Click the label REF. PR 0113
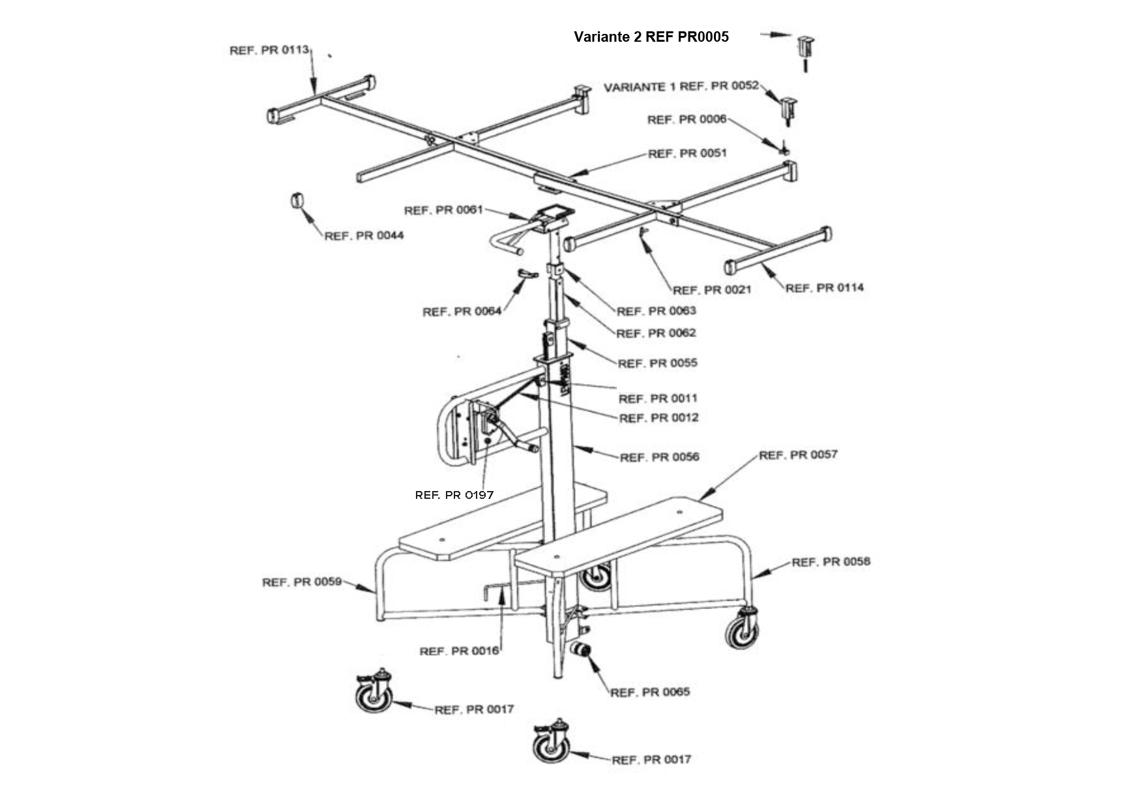[x=269, y=50]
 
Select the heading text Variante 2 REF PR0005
[x=651, y=37]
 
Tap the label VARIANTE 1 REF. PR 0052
[x=681, y=86]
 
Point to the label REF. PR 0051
[x=687, y=153]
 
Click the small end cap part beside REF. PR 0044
[x=297, y=200]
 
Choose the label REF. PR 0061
[x=443, y=210]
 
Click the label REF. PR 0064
[x=462, y=312]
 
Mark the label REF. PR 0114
[x=824, y=288]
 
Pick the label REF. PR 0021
[x=712, y=290]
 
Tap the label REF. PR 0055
[x=657, y=363]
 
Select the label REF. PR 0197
[x=454, y=495]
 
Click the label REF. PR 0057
[x=798, y=455]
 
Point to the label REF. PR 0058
[x=831, y=561]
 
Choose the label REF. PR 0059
[x=302, y=582]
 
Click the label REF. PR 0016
[x=459, y=651]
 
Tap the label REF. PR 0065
[x=650, y=692]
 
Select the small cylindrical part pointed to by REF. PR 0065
[x=580, y=649]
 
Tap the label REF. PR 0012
[x=658, y=417]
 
